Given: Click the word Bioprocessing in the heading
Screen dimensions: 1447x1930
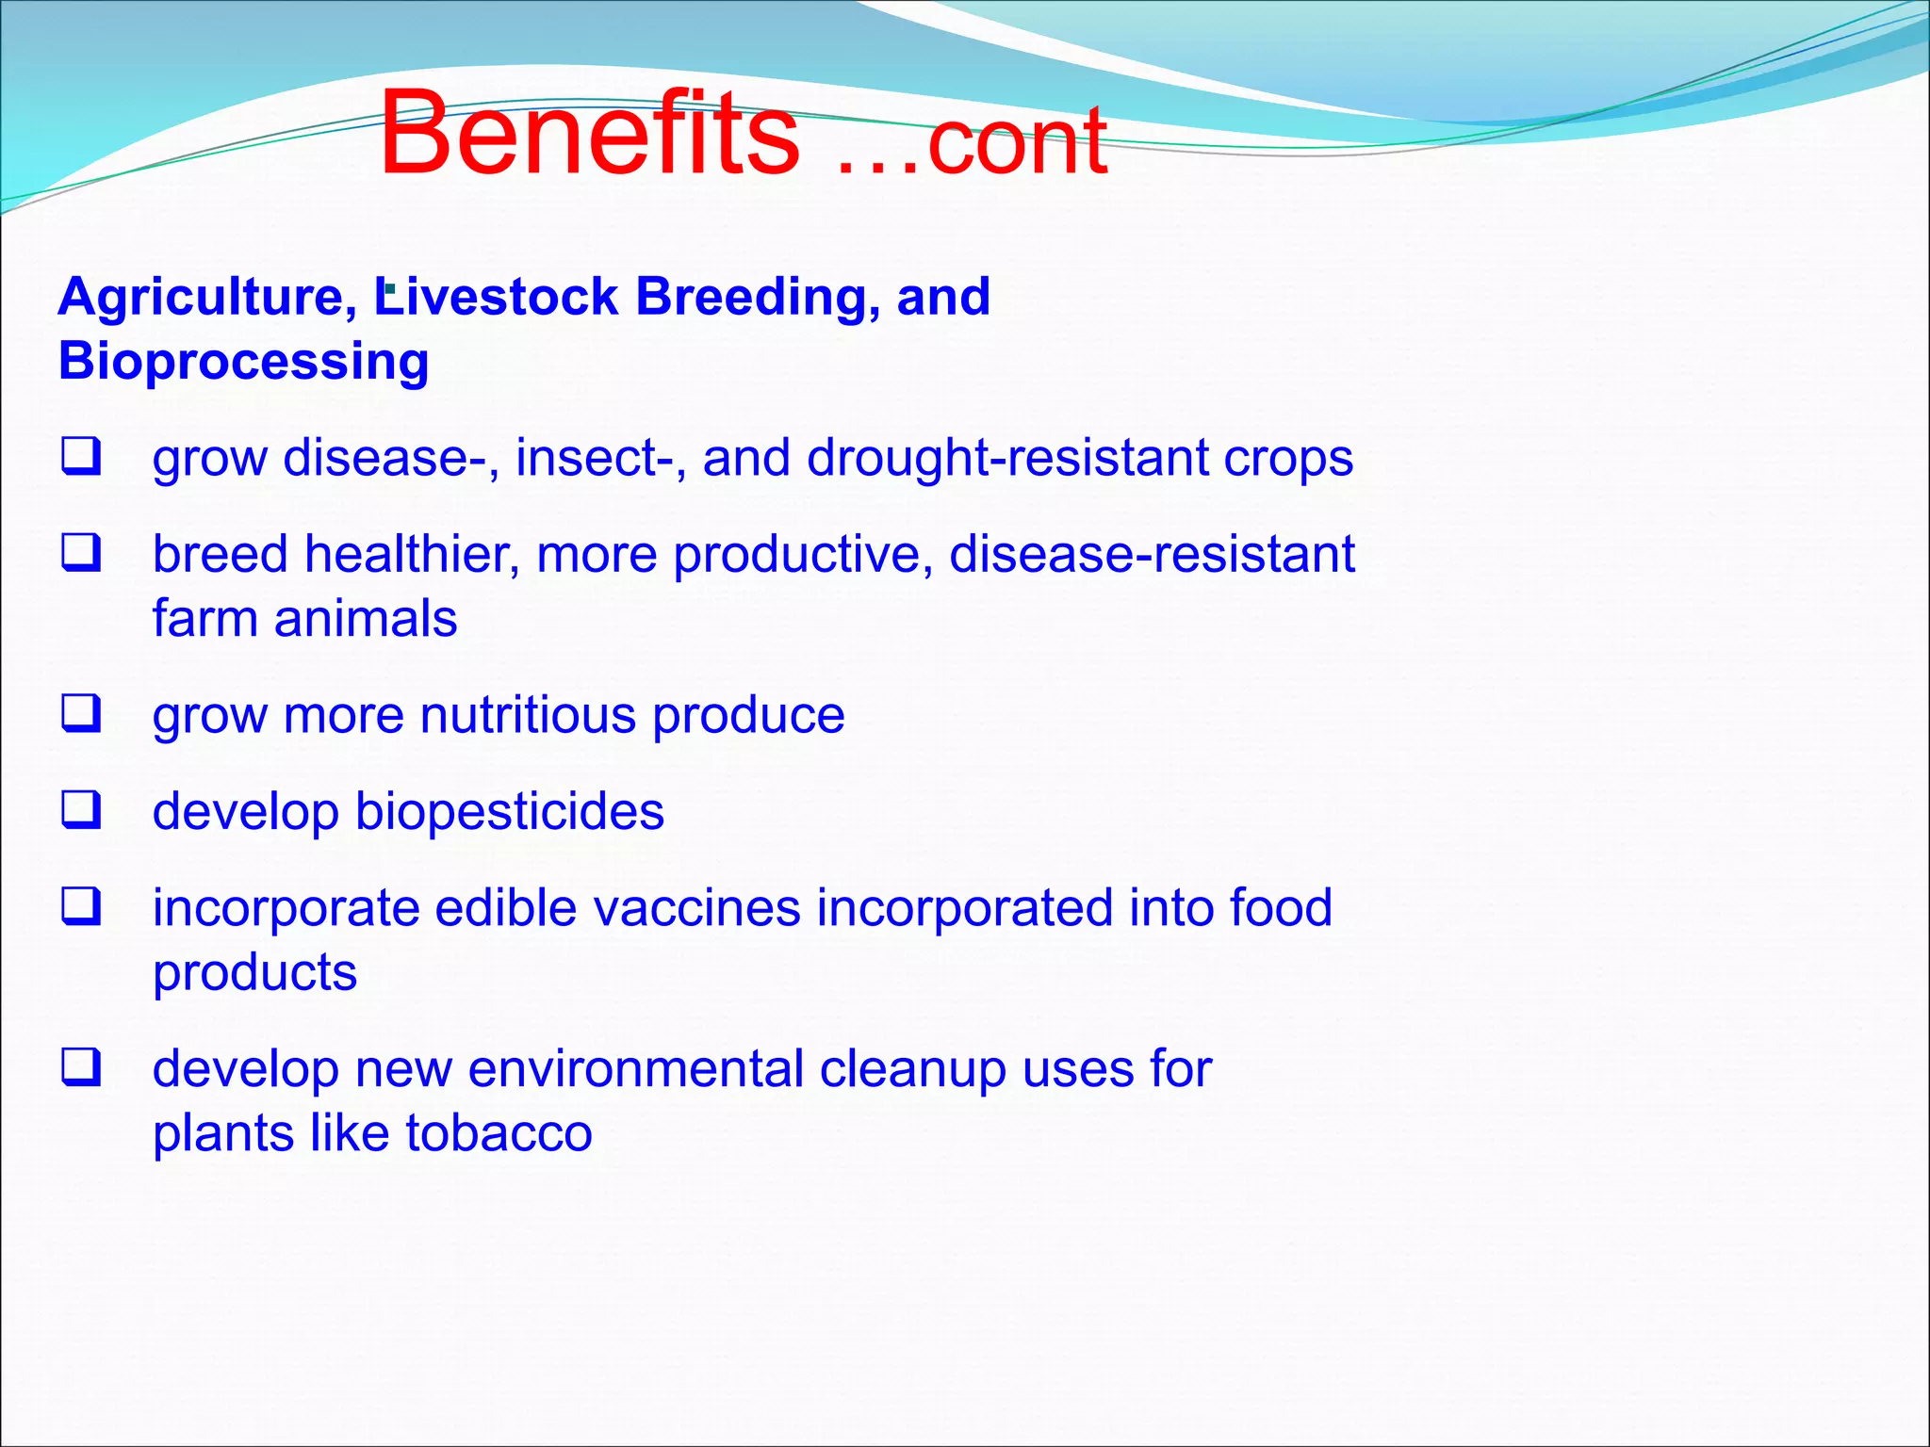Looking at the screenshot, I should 243,363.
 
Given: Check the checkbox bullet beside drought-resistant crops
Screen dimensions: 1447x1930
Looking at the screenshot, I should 81,457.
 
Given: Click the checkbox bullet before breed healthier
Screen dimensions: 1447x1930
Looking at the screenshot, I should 81,553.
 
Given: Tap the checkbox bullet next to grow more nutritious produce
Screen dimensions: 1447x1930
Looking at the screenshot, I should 81,714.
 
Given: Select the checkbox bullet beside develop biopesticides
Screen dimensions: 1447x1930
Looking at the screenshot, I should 81,810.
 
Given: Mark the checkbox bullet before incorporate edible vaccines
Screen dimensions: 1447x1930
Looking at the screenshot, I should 81,906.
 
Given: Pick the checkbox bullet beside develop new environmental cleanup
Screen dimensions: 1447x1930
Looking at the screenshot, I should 81,1067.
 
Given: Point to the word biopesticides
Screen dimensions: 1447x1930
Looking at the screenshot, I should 509,812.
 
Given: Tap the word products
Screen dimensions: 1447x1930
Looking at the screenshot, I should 254,974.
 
